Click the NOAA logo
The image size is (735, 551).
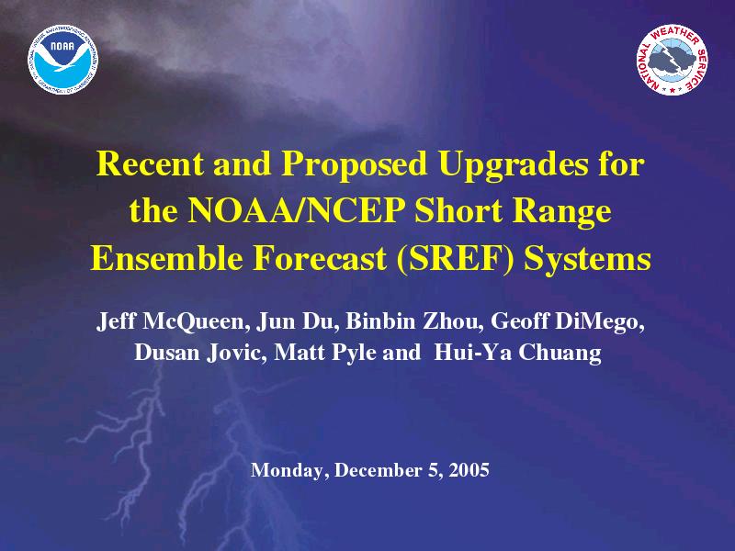(63, 59)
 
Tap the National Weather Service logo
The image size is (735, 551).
(672, 60)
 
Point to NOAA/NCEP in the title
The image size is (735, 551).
(296, 211)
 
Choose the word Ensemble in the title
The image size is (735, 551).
(166, 258)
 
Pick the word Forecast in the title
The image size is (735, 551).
(320, 258)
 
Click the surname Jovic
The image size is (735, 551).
(237, 353)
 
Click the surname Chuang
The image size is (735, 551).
(560, 354)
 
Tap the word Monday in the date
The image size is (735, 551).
(287, 470)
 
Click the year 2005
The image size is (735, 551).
(469, 469)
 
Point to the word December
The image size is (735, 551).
(378, 469)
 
